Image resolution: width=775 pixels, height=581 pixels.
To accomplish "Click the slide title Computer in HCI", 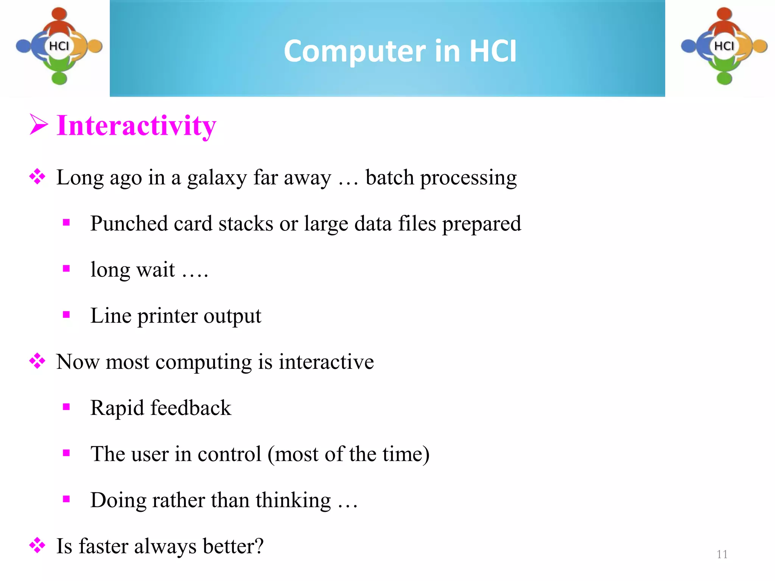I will click(x=400, y=51).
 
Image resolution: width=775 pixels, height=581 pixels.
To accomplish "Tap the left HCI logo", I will click(x=59, y=46).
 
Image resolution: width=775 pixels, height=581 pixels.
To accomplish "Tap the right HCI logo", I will click(x=724, y=46).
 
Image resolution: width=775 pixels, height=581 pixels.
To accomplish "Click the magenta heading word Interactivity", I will click(x=136, y=126).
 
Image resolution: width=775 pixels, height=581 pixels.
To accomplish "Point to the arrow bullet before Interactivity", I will click(x=39, y=125).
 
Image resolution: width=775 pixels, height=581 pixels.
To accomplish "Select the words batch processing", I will click(x=441, y=178).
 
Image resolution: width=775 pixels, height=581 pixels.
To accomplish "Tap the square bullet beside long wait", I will click(x=67, y=269).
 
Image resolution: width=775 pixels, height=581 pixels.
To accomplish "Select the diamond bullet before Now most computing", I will click(x=37, y=361).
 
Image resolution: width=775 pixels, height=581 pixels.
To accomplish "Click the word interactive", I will click(x=326, y=362).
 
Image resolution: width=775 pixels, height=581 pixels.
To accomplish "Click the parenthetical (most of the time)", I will click(x=348, y=454).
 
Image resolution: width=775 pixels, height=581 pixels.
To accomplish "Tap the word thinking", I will click(x=293, y=501).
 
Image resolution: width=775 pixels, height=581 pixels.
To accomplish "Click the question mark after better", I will click(x=259, y=546).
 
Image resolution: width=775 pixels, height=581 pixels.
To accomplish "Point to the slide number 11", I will click(x=722, y=555).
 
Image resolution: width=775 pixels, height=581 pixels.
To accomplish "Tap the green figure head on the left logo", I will click(x=59, y=78).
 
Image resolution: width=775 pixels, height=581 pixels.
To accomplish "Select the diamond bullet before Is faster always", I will click(x=37, y=545).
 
